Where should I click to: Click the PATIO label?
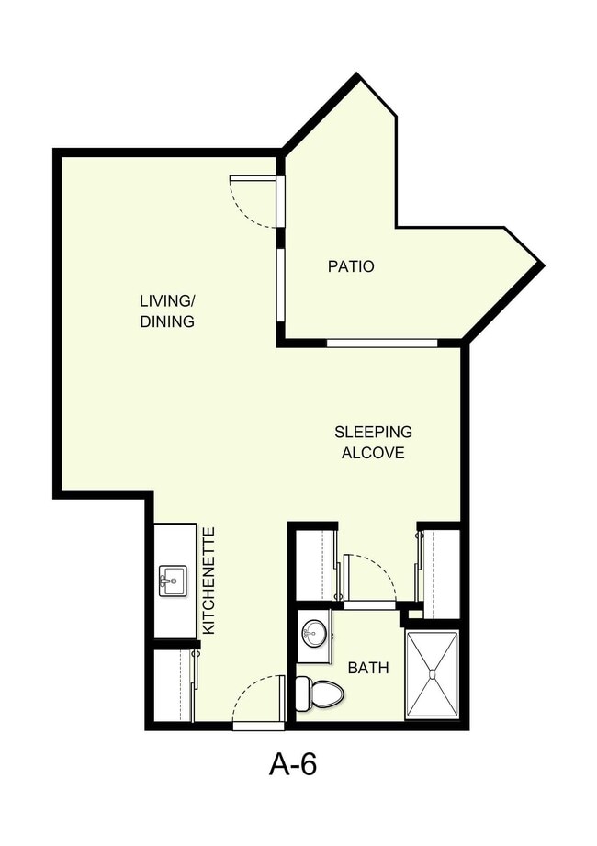[351, 266]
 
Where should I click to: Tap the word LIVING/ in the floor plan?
[167, 300]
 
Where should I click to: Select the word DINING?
[167, 321]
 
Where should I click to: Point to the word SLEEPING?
[373, 432]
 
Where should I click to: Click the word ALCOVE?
[373, 453]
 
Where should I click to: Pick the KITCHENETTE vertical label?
[208, 580]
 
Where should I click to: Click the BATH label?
[367, 668]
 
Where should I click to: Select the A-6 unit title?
[293, 765]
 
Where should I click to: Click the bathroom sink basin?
[314, 633]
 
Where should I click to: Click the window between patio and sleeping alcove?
[382, 344]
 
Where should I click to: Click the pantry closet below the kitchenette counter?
[172, 685]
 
